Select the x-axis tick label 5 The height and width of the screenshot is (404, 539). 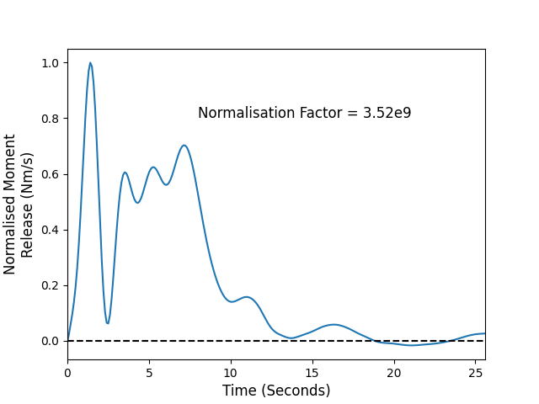[x=149, y=373]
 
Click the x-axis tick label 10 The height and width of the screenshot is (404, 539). [x=231, y=373]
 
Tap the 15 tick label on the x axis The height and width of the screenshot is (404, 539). [x=312, y=373]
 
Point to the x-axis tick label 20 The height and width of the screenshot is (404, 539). [x=394, y=373]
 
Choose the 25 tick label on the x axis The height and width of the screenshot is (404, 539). [x=475, y=373]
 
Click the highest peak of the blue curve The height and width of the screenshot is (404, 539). [x=90, y=63]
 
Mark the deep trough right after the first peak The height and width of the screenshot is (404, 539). [x=108, y=323]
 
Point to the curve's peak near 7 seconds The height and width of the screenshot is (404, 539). [x=184, y=146]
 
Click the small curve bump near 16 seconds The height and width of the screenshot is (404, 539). [x=334, y=325]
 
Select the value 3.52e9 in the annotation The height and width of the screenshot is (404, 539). [x=387, y=113]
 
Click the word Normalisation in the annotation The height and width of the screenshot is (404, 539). [x=246, y=113]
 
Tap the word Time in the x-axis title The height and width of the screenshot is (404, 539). [x=239, y=391]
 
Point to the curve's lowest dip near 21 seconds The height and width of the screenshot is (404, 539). [x=412, y=345]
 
